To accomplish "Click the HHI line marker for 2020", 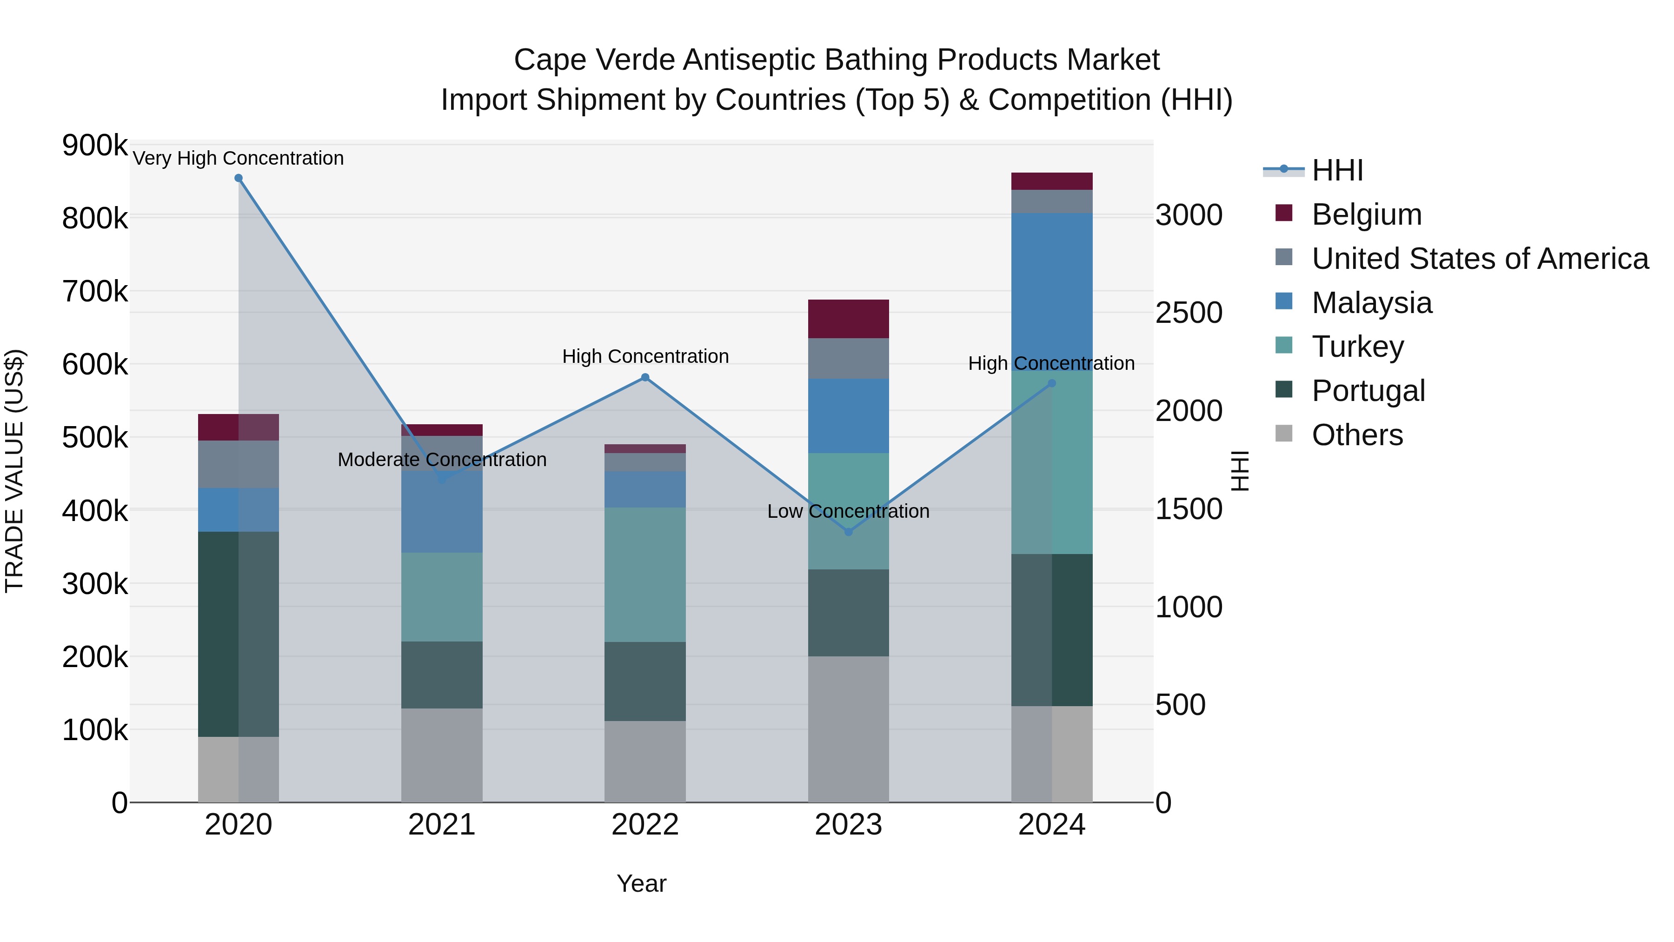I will click(239, 178).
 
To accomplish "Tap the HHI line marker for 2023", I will click(848, 532).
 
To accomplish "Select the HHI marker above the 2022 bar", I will click(644, 377).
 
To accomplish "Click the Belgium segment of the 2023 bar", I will click(848, 319).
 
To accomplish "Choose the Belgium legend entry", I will click(1366, 214).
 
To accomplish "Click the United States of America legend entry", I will click(1480, 259).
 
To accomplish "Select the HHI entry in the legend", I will click(1337, 170).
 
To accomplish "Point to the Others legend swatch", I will click(1283, 434).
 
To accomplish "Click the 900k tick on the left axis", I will click(95, 145).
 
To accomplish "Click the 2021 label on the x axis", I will click(441, 825).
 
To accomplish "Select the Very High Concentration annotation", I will click(238, 158).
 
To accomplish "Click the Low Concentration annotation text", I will click(848, 511).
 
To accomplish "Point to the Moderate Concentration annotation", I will click(442, 460).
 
